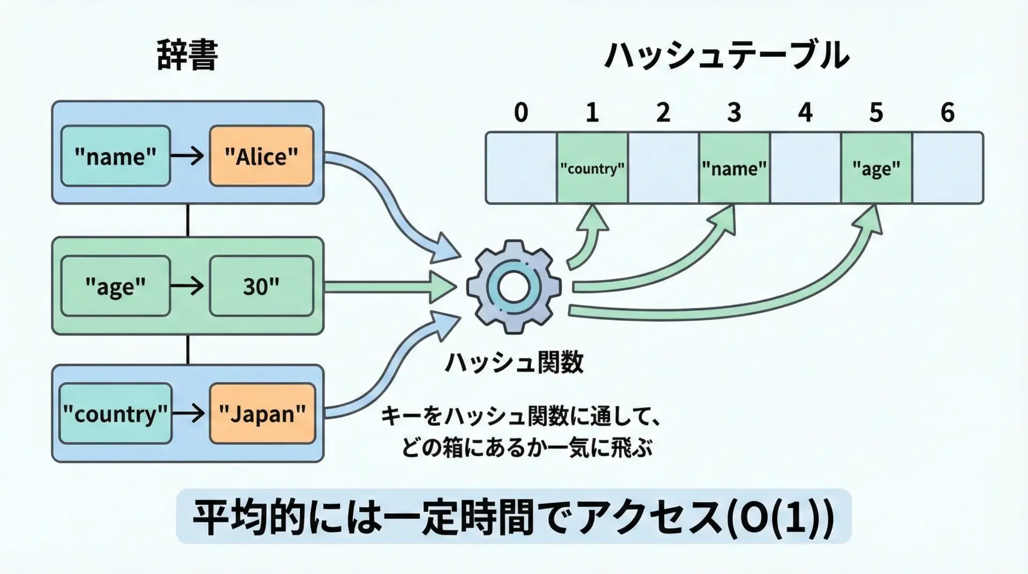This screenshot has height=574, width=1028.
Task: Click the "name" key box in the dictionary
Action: coord(116,156)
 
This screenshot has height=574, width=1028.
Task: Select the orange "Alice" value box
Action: coord(261,156)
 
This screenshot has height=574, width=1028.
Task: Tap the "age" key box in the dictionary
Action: coord(116,286)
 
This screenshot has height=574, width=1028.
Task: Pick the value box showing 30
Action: coord(261,286)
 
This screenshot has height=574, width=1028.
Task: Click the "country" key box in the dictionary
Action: coord(116,413)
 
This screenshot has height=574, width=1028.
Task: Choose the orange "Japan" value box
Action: coord(262,413)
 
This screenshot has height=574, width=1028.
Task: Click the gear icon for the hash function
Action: coord(513,288)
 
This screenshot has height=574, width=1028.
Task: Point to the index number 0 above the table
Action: coord(521,112)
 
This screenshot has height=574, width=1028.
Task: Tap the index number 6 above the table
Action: coord(947,112)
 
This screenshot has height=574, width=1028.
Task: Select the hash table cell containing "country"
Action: coord(592,168)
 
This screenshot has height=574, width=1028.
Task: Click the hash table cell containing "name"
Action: coord(734,168)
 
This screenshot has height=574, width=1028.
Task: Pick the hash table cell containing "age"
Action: coord(876,168)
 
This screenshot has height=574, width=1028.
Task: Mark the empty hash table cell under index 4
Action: coord(805,168)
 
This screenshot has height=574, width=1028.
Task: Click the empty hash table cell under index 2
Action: coord(663,168)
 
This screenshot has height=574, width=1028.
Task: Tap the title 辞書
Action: coord(187,55)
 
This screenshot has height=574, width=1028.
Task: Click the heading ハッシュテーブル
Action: coord(726,55)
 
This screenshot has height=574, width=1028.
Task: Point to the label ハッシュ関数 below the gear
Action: coord(514,362)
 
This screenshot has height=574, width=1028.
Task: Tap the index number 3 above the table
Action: coord(734,112)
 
